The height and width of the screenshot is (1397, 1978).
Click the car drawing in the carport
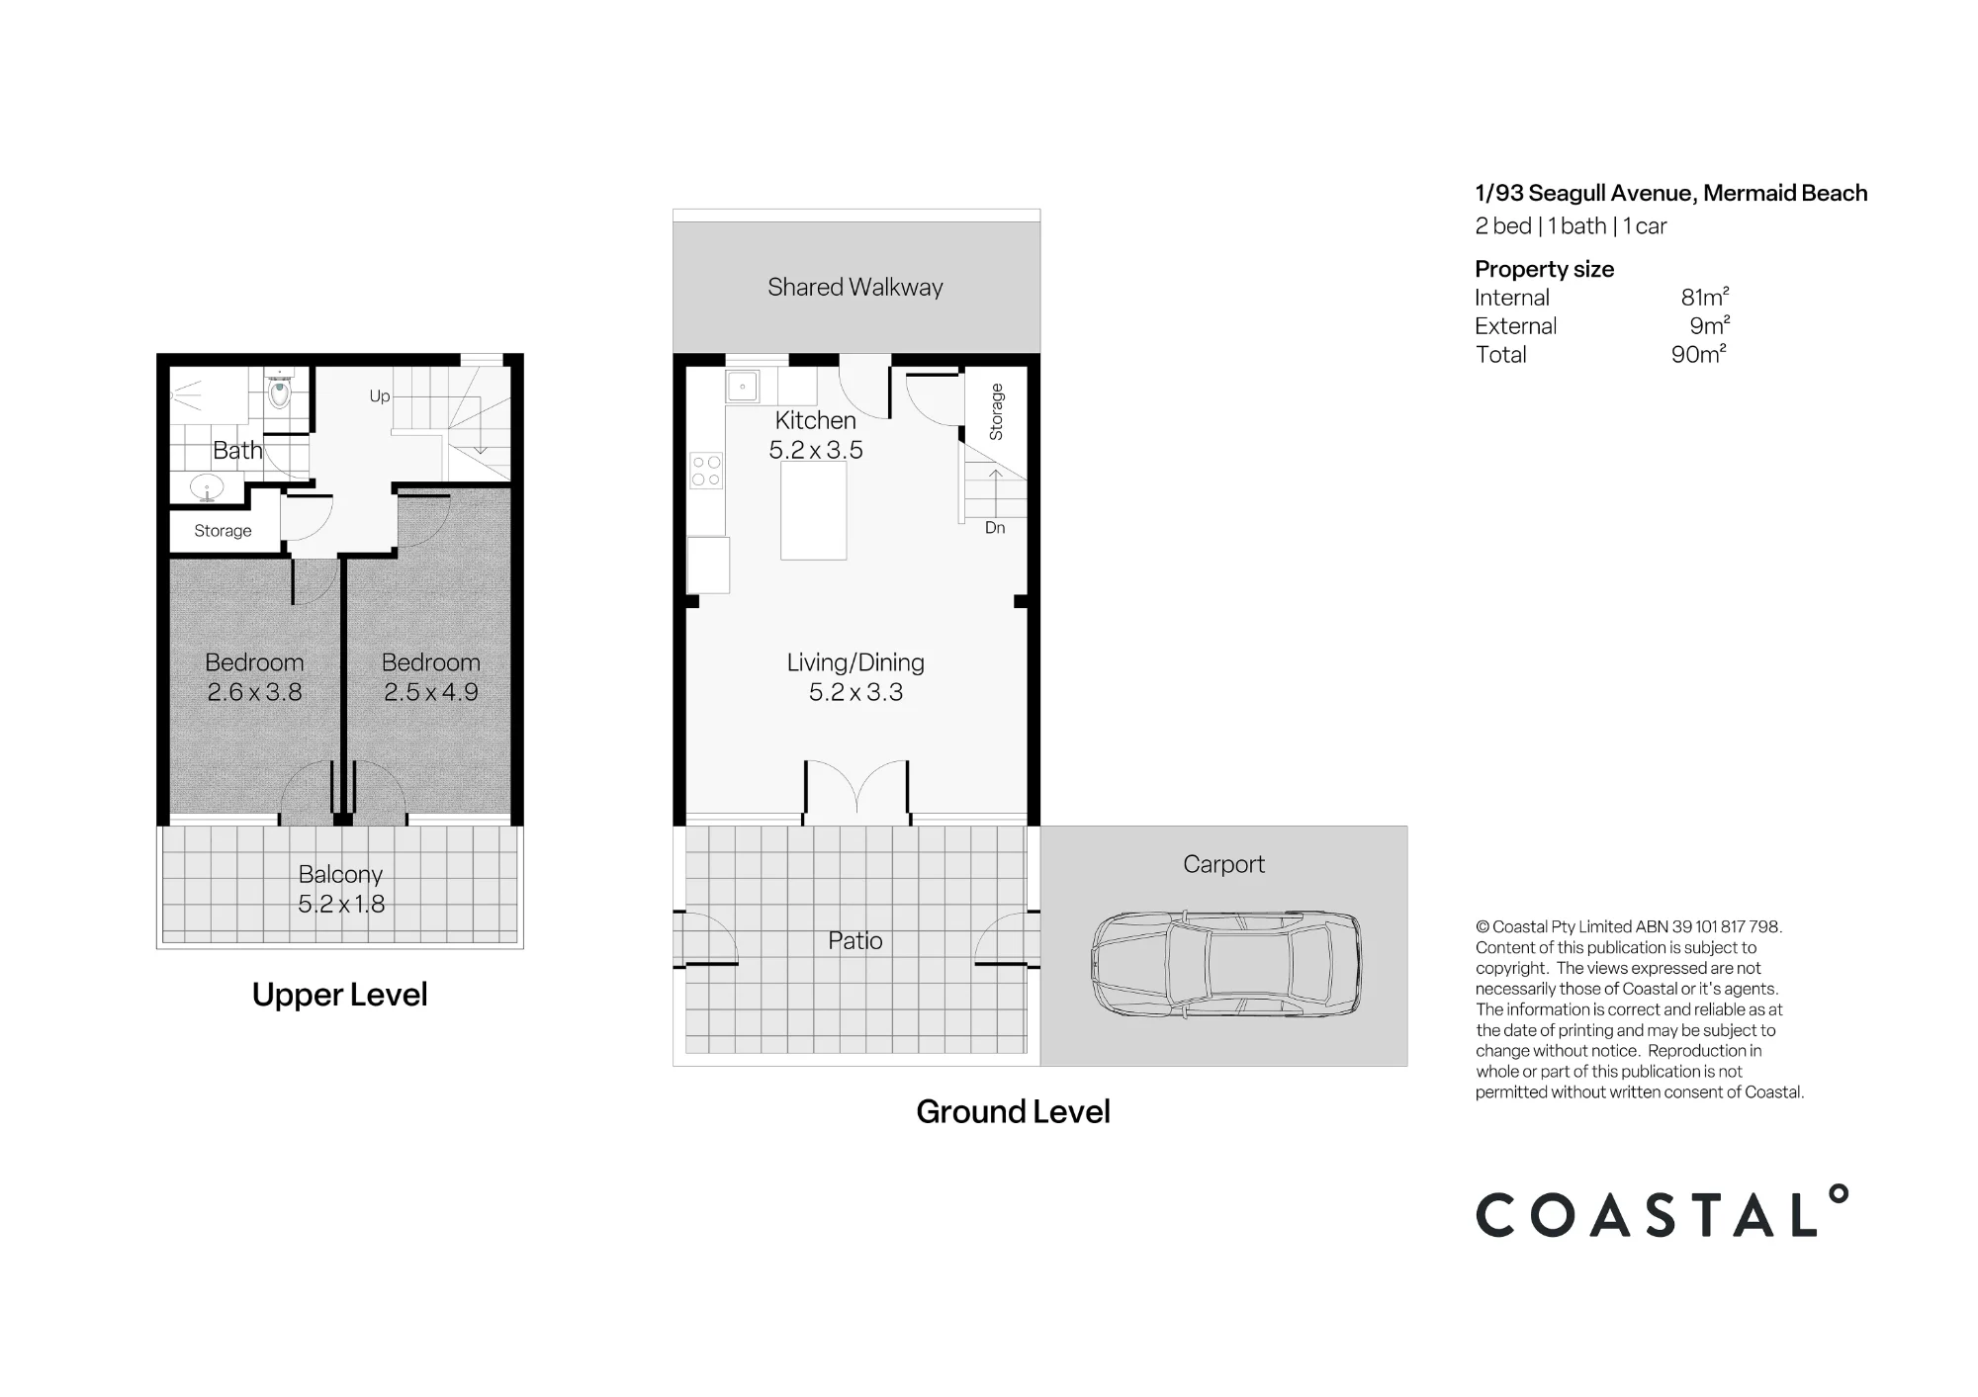coord(1225,964)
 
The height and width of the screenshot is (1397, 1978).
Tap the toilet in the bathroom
coord(280,390)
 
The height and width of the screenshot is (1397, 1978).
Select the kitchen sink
coord(743,386)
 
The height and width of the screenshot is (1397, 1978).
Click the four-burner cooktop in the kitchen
coord(706,471)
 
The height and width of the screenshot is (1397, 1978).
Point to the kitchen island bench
coord(813,511)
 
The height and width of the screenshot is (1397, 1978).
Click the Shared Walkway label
coord(855,287)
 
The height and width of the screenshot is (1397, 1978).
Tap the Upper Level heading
coord(339,995)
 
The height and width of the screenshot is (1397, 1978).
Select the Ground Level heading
coord(1013,1111)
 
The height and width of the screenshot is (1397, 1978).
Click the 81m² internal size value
coord(1705,297)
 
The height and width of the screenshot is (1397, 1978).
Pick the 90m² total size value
coord(1699,354)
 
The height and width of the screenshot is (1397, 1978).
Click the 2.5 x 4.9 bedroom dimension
coord(431,692)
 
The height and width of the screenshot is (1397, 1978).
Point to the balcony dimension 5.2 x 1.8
coord(341,904)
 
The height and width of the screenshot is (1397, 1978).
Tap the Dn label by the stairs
coord(995,528)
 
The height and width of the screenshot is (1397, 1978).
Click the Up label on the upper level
coord(380,396)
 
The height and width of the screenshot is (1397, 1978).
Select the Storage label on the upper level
coord(223,531)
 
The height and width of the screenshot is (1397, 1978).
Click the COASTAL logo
coord(1662,1211)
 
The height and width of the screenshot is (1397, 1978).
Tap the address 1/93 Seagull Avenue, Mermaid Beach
coord(1671,193)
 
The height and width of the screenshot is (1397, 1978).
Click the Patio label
coord(855,940)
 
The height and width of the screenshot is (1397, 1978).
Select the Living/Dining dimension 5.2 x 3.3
coord(855,692)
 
